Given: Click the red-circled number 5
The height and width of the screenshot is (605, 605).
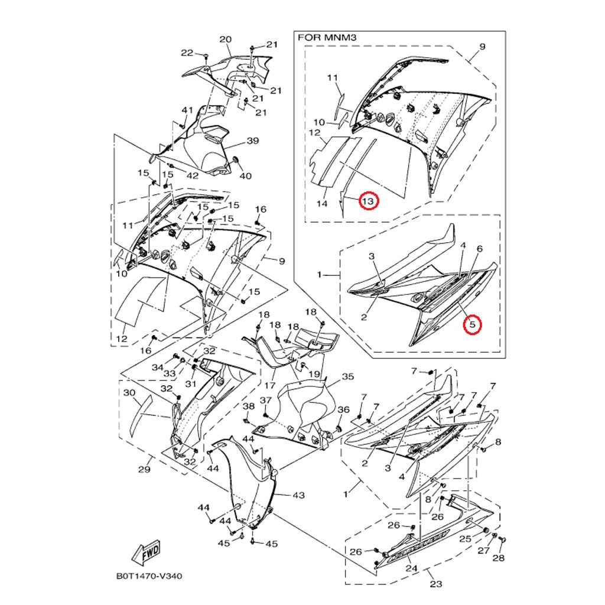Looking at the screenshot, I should pos(472,324).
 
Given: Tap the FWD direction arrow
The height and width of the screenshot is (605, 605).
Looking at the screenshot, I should pos(147,551).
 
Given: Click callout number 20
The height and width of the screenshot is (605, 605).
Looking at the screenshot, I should pos(225,40).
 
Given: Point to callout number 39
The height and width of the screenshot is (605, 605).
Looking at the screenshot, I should pos(253,141).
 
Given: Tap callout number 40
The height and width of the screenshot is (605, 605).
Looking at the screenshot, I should pos(245,176).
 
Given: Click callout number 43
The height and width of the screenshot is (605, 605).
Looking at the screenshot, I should pos(298,495).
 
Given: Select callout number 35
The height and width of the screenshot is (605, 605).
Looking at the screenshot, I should pos(347,376).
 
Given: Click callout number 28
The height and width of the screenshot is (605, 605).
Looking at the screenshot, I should pos(499,558).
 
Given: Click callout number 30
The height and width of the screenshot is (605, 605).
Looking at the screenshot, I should pos(130,393).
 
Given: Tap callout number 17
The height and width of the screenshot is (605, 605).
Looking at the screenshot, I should pos(269,386).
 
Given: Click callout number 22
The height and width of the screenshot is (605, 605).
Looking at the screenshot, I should pos(187,53).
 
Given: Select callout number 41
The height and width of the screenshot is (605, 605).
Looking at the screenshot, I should pos(187,110).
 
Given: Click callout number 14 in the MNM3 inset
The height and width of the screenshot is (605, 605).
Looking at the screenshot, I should pos(321,204).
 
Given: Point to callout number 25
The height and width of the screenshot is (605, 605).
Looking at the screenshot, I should pos(465,538).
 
